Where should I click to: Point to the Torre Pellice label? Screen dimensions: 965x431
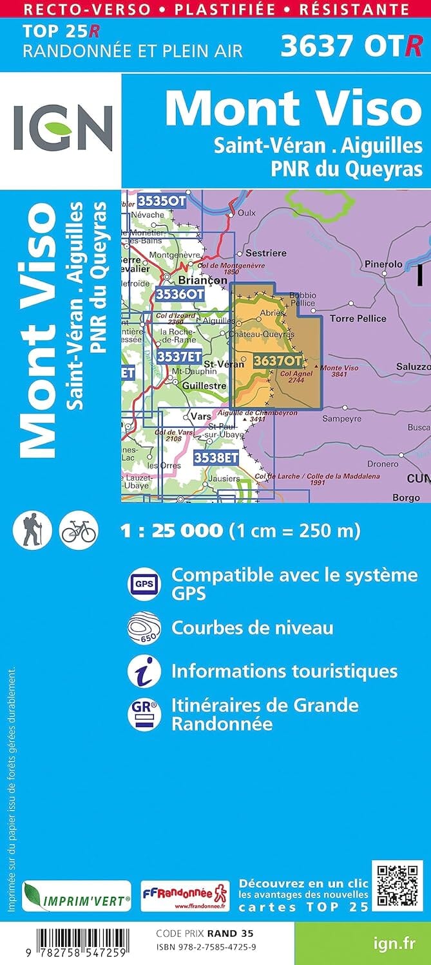(358, 318)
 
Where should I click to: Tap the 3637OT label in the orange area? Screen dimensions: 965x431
(278, 361)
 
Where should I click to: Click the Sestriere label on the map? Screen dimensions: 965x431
(266, 253)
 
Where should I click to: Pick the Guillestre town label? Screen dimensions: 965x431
(204, 386)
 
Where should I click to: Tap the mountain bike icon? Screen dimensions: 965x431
(78, 530)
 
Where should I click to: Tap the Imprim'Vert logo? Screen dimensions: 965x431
(77, 897)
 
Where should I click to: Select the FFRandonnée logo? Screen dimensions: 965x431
(184, 896)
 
